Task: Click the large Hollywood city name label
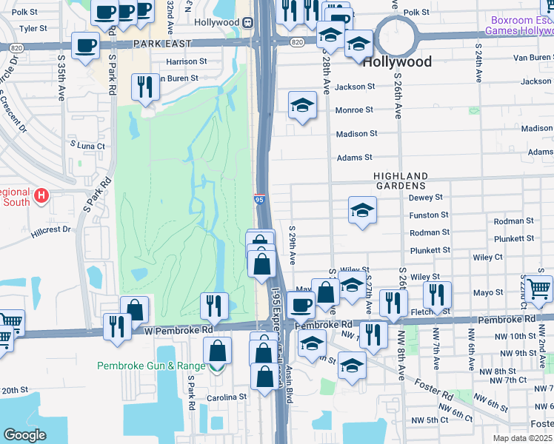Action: point(403,62)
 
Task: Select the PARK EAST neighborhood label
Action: point(162,44)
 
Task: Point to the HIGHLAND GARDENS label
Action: point(401,181)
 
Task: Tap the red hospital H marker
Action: point(42,196)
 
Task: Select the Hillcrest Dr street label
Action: point(51,230)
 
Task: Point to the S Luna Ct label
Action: point(87,146)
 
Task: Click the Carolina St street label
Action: point(227,397)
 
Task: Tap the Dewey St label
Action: point(425,198)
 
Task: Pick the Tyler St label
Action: point(33,29)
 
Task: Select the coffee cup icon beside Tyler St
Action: point(84,45)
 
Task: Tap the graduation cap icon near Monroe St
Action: point(302,107)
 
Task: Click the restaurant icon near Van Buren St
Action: point(145,86)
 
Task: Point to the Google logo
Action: point(24,435)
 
